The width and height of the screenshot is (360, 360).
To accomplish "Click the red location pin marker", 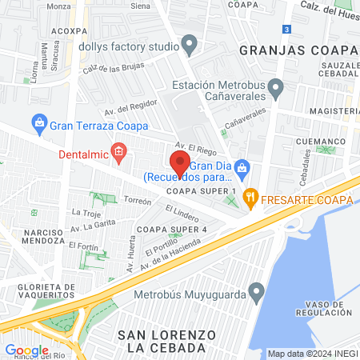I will (x=179, y=162).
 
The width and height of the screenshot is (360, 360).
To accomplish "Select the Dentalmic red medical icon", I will (x=118, y=150).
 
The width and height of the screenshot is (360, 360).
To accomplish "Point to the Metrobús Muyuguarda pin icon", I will (x=256, y=290).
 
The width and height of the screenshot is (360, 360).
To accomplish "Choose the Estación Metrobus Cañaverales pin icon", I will (x=276, y=86).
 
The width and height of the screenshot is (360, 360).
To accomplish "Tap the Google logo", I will (x=26, y=350).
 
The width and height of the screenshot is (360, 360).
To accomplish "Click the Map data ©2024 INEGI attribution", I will (x=310, y=354).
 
